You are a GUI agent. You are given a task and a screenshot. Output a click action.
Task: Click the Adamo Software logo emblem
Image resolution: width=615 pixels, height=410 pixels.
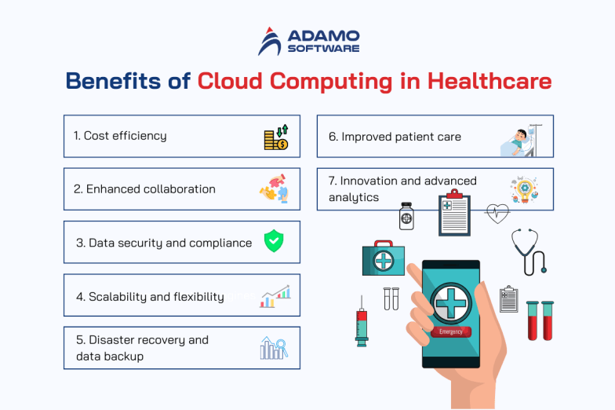(x=270, y=42)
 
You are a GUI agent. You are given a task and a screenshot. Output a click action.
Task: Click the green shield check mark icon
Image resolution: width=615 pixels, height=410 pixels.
(x=274, y=241)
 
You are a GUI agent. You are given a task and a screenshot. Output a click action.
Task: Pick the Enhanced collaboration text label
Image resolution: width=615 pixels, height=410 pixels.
(x=144, y=189)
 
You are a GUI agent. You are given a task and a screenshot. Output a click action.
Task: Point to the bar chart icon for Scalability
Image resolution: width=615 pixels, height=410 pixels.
(x=276, y=295)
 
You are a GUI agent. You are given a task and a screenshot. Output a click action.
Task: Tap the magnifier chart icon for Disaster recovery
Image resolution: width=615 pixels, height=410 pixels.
(x=274, y=347)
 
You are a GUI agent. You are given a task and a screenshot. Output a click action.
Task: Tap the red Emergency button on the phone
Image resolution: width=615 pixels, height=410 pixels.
(x=451, y=332)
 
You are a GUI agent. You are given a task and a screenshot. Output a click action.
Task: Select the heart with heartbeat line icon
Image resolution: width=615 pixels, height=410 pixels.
(x=498, y=213)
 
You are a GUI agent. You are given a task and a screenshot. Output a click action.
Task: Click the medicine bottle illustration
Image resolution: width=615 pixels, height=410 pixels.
(x=406, y=215)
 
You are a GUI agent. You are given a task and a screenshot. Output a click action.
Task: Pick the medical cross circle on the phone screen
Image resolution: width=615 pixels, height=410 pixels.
(x=450, y=301)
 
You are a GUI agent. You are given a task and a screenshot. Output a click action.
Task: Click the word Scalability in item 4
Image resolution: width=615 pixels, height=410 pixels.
(x=118, y=296)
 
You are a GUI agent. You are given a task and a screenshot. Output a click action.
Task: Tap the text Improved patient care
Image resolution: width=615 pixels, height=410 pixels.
(x=395, y=137)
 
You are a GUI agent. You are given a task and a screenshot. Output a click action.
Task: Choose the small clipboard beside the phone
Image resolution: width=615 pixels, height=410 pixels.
(x=509, y=298)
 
